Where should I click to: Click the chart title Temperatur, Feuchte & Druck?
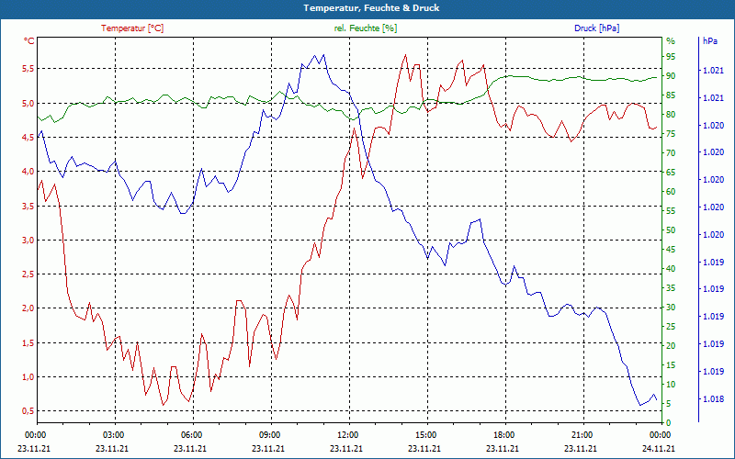pos(367,7)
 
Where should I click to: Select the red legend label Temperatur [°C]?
pos(132,28)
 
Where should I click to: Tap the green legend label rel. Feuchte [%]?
pos(366,28)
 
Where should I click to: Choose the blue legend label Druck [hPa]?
pos(596,28)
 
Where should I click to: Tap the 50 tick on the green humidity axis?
pos(671,230)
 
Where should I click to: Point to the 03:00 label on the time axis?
pos(113,434)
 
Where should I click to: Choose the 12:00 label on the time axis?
pos(347,434)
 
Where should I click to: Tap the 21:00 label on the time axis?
pos(582,434)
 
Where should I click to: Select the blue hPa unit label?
pos(709,41)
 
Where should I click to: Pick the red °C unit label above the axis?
pos(29,41)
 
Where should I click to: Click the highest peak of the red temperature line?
pos(404,54)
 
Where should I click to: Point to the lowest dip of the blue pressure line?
pos(640,405)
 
